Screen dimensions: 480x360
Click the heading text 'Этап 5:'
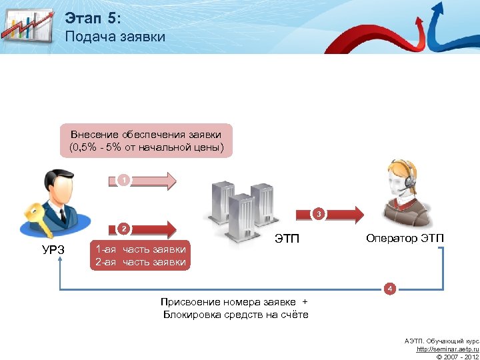point(93,17)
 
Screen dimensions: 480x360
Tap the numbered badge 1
point(123,180)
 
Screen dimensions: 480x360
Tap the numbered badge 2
point(123,229)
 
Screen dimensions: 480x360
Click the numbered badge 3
point(319,214)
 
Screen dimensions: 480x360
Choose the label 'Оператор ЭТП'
point(405,238)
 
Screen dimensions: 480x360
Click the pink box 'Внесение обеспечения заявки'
point(146,140)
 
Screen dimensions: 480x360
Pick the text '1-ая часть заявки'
point(141,249)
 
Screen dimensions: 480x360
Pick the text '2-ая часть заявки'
point(141,262)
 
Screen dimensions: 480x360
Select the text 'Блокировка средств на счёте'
point(235,315)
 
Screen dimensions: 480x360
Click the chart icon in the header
point(27,25)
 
